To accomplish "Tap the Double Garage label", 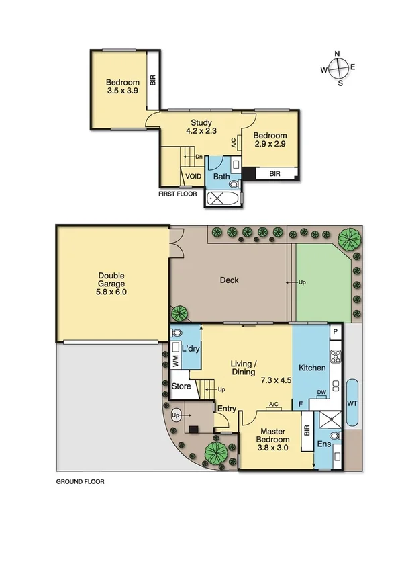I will coord(111,284).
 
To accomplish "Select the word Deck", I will coord(230,280).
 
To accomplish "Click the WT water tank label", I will coord(352,403).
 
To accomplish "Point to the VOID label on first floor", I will coord(194,177).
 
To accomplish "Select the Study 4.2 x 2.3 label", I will coord(201,126).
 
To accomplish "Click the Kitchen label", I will coord(312,368).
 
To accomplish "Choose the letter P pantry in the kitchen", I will coord(334,333).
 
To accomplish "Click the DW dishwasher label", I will coord(321,392).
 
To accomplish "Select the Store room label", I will coord(182,386).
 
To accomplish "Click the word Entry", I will coord(226,407).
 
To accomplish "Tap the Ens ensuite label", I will coord(324,444).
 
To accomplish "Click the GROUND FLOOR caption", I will coord(80,482).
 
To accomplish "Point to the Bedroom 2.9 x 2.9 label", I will coord(270,140).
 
